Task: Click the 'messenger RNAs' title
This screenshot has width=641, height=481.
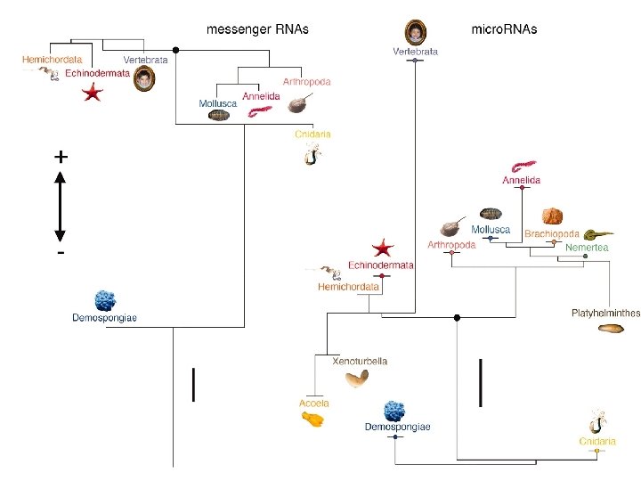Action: click(x=257, y=29)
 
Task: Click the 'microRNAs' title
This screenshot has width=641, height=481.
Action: click(x=504, y=29)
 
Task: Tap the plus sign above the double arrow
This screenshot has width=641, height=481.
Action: click(x=61, y=156)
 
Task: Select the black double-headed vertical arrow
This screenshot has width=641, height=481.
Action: click(x=61, y=206)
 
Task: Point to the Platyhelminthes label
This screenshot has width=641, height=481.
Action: click(x=605, y=313)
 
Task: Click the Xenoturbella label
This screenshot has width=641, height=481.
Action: click(x=360, y=362)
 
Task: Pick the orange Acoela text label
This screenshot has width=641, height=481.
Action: click(x=313, y=404)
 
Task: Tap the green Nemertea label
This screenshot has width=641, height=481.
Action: click(x=587, y=247)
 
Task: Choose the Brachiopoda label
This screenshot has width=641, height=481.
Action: click(x=552, y=233)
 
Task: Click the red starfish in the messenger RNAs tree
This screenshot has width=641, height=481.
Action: click(x=92, y=92)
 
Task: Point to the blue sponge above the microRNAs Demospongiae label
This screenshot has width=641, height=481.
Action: click(x=395, y=412)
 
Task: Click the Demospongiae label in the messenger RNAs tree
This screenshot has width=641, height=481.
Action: click(x=104, y=318)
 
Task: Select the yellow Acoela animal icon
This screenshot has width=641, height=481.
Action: click(x=312, y=418)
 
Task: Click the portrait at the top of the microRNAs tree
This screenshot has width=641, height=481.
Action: click(x=415, y=33)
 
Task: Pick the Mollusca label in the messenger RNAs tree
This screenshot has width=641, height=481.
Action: click(x=218, y=104)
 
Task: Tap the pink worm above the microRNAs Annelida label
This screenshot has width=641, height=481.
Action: click(x=522, y=167)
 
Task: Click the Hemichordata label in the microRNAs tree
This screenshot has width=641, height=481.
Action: click(x=348, y=287)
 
